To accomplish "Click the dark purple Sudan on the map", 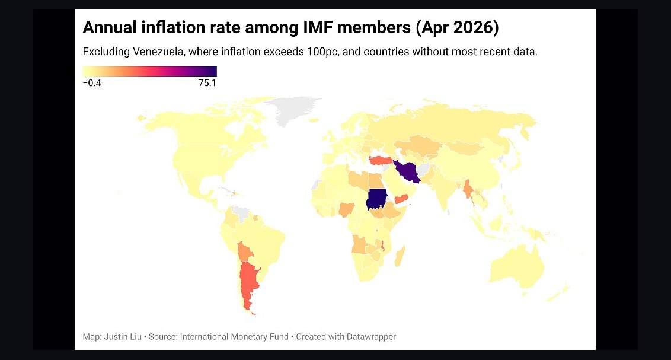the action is click(376, 199).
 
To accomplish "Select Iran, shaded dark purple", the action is click(407, 171).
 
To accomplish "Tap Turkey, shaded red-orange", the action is click(382, 161).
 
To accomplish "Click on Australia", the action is click(517, 265).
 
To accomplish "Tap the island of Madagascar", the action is click(400, 256).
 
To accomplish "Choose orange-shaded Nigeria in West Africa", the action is click(346, 210).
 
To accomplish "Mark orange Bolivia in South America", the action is click(245, 252).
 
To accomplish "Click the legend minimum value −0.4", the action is click(92, 83).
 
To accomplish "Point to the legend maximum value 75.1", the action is click(207, 83).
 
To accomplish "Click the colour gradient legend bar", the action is click(150, 71).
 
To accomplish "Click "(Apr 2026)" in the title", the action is click(457, 28).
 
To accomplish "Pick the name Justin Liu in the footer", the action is click(123, 337).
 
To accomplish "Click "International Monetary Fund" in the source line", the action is click(234, 337).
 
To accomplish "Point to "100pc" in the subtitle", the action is click(321, 52).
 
